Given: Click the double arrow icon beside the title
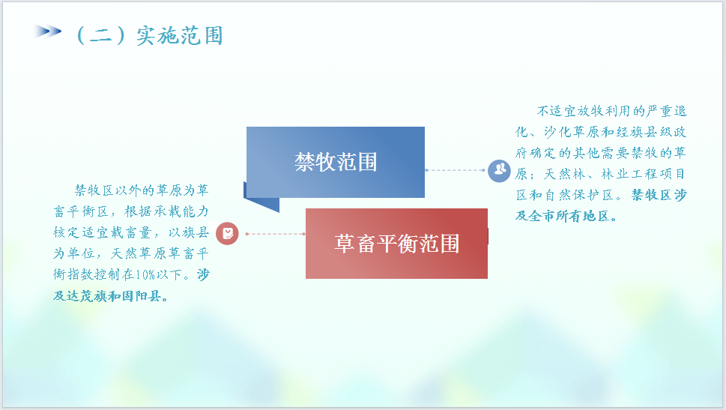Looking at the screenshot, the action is click(x=47, y=31).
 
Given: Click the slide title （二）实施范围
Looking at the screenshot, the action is click(x=149, y=36).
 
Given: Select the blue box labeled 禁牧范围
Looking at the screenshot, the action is click(x=335, y=162).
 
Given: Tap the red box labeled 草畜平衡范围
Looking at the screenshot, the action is click(x=396, y=244).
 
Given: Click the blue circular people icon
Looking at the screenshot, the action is click(x=499, y=170).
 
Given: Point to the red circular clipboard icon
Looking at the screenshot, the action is click(x=227, y=234).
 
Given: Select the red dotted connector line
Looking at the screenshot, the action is click(x=275, y=234).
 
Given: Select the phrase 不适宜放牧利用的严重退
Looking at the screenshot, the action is click(x=611, y=111).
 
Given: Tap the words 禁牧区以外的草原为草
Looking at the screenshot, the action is click(x=142, y=190).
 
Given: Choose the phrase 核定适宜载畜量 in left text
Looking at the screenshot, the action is click(x=103, y=232).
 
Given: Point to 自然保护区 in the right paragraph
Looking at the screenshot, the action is click(x=580, y=195).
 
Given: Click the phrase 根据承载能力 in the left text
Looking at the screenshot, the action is click(x=166, y=211).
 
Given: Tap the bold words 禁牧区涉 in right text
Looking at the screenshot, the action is click(x=659, y=195).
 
